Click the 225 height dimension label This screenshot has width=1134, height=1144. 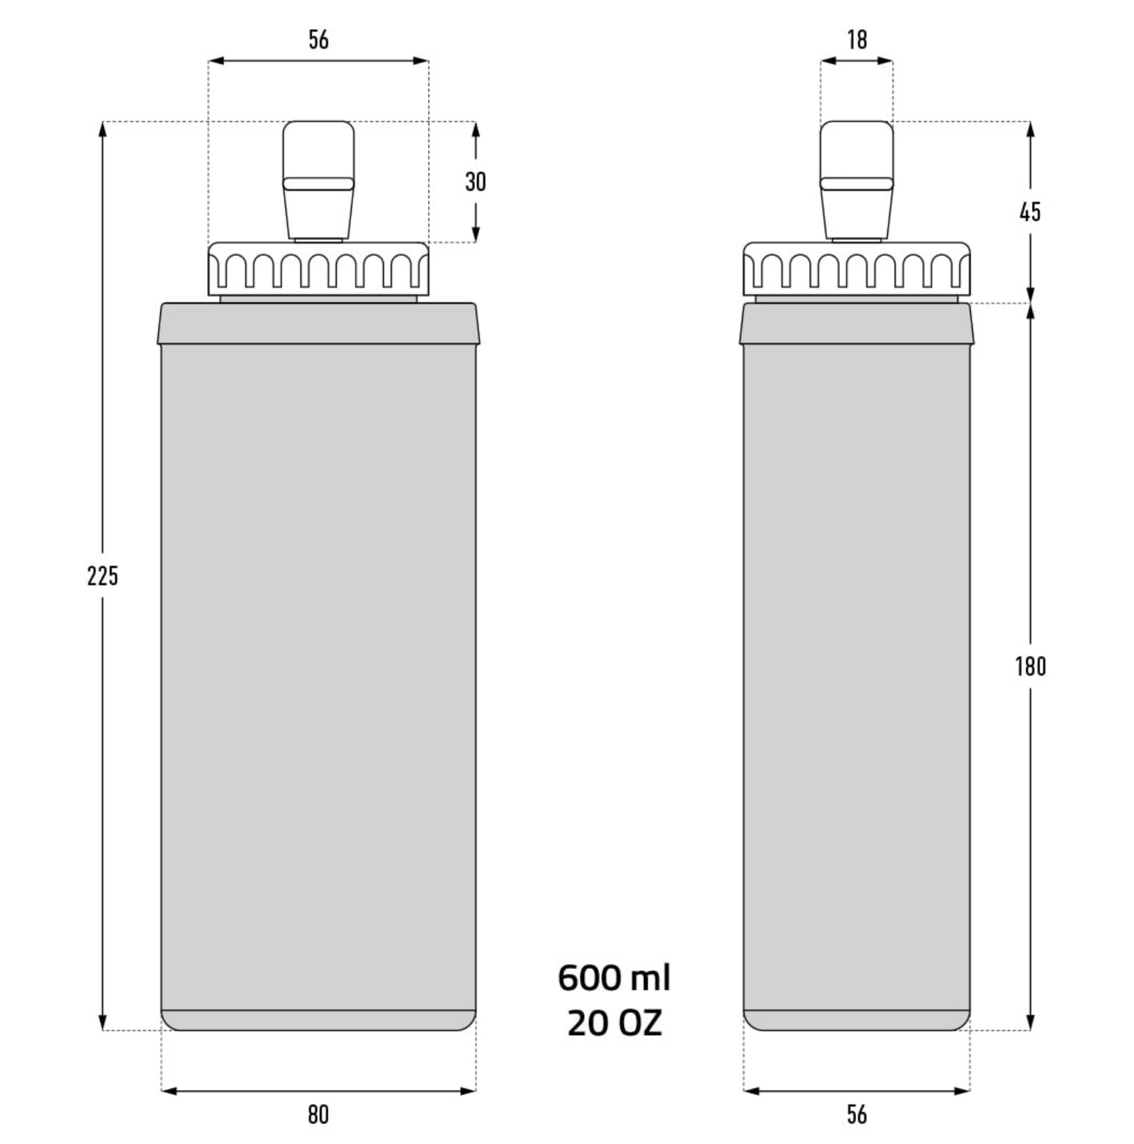coord(103,576)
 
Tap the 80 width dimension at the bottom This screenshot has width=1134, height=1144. coord(318,1114)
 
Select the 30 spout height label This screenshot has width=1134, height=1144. coord(476,181)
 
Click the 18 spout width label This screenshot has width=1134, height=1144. coord(857,40)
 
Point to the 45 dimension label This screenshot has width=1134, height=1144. coord(1030,211)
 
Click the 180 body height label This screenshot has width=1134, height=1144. coord(1030,666)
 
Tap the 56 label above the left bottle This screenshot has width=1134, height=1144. coord(318,40)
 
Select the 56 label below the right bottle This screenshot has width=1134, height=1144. coord(857,1114)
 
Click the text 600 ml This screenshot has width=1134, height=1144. coord(614,978)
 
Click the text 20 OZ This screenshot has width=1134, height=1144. coord(614,1023)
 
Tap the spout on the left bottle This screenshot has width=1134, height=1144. coord(318,180)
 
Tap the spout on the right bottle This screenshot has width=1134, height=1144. coord(857,180)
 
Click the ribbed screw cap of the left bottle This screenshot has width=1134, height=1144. coord(318,269)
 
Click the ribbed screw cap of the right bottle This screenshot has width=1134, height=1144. coord(857,269)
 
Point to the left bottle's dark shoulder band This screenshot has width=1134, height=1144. coord(318,324)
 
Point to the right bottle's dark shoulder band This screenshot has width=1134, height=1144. coord(857,324)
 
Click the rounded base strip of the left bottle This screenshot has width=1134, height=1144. coord(318,1020)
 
